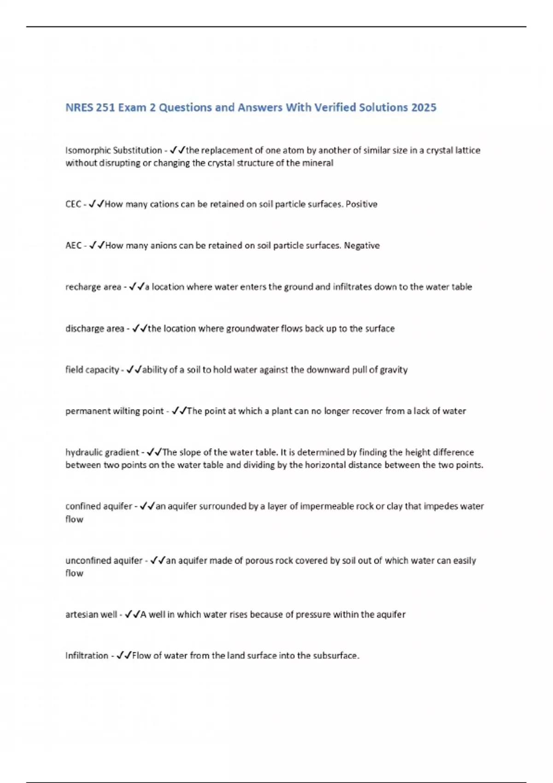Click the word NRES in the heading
(79, 108)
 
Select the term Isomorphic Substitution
(113, 151)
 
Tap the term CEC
(73, 205)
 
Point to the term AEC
(73, 246)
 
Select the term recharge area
(93, 287)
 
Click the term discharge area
(94, 329)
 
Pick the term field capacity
(92, 370)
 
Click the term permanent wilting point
(114, 411)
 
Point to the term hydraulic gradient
(102, 452)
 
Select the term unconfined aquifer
(104, 561)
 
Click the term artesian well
(91, 615)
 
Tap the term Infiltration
(87, 656)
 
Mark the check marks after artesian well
(132, 615)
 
